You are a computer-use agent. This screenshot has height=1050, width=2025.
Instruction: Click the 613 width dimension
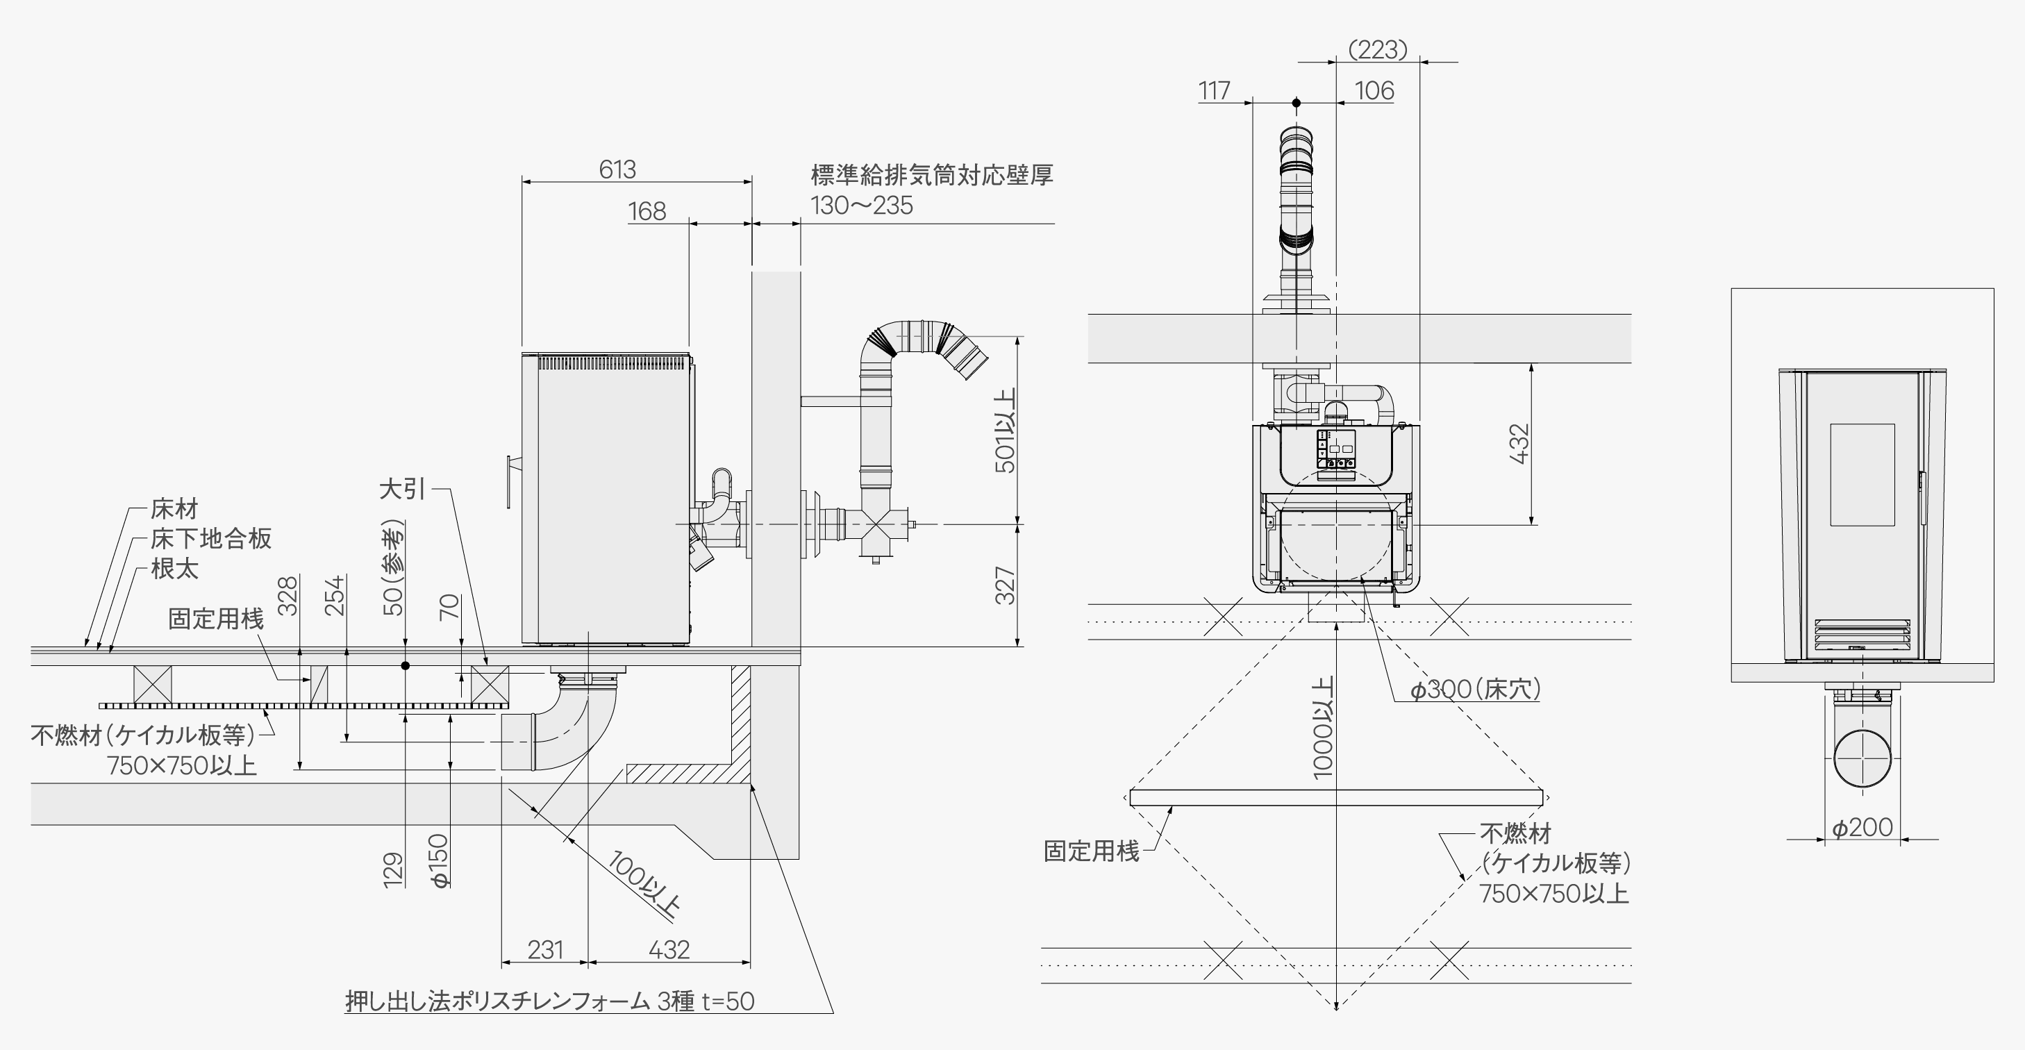[x=617, y=169]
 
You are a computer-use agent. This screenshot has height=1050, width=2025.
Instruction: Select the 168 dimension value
[x=647, y=210]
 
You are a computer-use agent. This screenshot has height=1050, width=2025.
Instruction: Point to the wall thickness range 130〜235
[x=862, y=206]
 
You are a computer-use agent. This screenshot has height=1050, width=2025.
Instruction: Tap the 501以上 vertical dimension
[x=1006, y=430]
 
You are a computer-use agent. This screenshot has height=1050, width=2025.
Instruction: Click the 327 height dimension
[x=1006, y=585]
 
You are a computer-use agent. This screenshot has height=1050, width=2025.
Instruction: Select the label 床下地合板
[x=210, y=538]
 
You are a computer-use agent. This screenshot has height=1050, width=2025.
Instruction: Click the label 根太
[x=174, y=568]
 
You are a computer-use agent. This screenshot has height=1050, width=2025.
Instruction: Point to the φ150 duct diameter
[x=440, y=860]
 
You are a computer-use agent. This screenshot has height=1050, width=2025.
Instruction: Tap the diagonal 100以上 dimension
[x=644, y=883]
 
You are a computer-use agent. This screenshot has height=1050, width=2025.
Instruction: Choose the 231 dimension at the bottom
[x=544, y=949]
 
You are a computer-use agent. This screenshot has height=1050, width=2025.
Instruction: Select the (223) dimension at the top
[x=1377, y=49]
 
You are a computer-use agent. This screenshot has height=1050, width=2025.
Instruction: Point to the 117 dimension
[x=1214, y=91]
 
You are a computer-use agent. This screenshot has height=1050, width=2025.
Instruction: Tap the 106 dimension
[x=1374, y=91]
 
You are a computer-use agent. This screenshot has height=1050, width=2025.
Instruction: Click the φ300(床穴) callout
[x=1475, y=690]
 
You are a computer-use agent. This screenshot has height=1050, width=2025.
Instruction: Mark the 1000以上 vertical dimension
[x=1323, y=727]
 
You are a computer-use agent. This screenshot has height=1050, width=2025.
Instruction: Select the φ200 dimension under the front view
[x=1862, y=828]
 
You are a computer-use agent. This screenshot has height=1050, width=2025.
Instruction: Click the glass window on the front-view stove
[x=1862, y=475]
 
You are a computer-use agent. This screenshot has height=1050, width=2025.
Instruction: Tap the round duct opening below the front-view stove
[x=1862, y=758]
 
